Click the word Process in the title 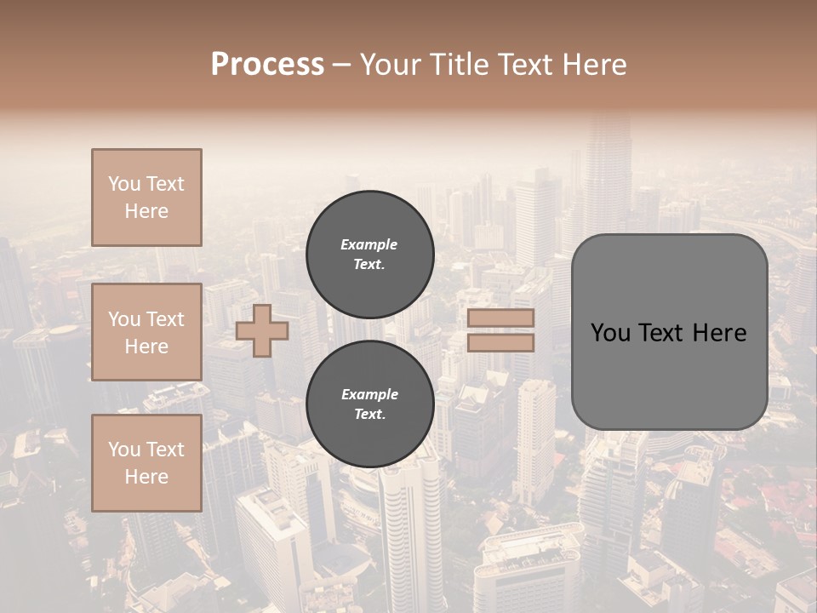coord(267,65)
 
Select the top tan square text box coord(146,198)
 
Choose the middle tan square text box coord(146,332)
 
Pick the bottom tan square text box coord(146,463)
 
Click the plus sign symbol coord(262,331)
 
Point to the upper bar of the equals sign coord(500,318)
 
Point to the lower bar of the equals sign coord(500,342)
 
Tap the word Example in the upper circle coord(369,245)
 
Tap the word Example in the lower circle coord(369,395)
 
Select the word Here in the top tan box coord(146,211)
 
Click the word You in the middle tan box coord(124,319)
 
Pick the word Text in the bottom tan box coord(165,450)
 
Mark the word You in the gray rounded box coord(610,333)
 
